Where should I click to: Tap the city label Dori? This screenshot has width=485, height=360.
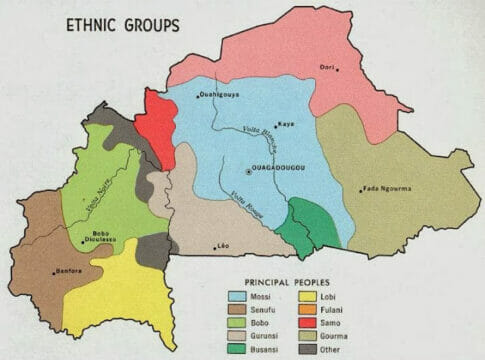(x=325, y=67)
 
